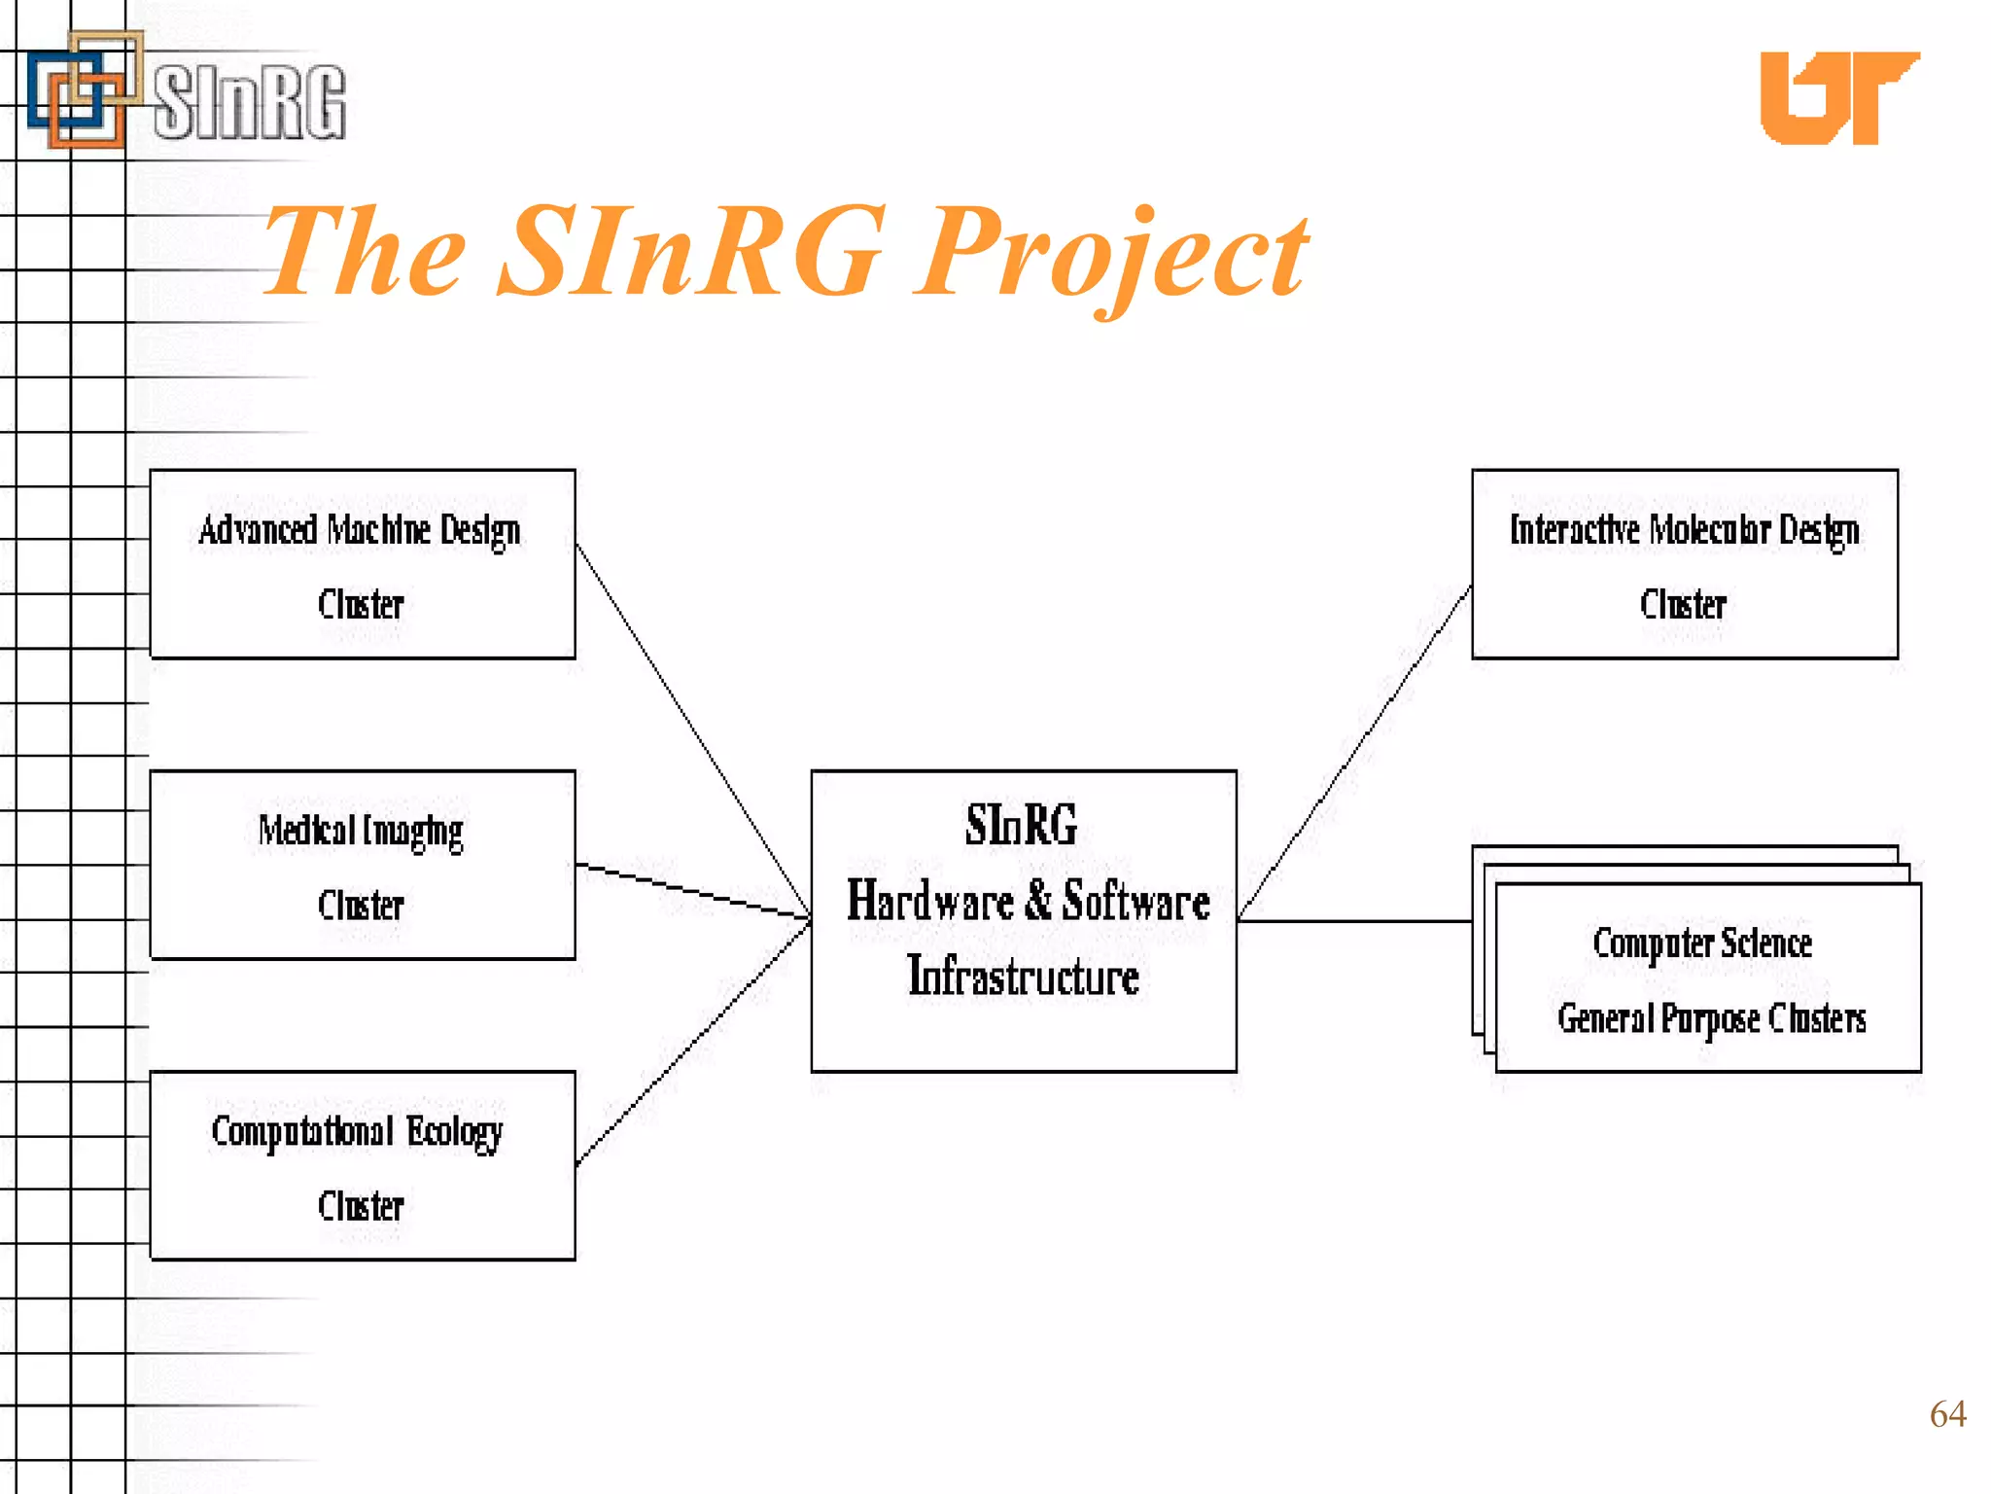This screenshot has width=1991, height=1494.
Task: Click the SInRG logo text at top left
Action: pyautogui.click(x=250, y=101)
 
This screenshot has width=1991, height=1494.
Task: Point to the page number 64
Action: pyautogui.click(x=1947, y=1413)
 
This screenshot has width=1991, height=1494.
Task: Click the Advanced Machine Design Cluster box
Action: pyautogui.click(x=363, y=564)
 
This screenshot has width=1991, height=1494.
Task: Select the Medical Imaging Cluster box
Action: pyautogui.click(x=363, y=865)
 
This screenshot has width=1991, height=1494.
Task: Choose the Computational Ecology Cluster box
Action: pyautogui.click(x=363, y=1165)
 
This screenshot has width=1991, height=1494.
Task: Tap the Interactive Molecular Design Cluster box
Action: pyautogui.click(x=1684, y=564)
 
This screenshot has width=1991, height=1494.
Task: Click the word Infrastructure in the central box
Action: pyautogui.click(x=1023, y=977)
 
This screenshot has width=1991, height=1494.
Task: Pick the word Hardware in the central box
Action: pyautogui.click(x=929, y=901)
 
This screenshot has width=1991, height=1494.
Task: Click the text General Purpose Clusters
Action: pyautogui.click(x=1711, y=1018)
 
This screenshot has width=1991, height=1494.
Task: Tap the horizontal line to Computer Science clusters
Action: pyautogui.click(x=1353, y=920)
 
